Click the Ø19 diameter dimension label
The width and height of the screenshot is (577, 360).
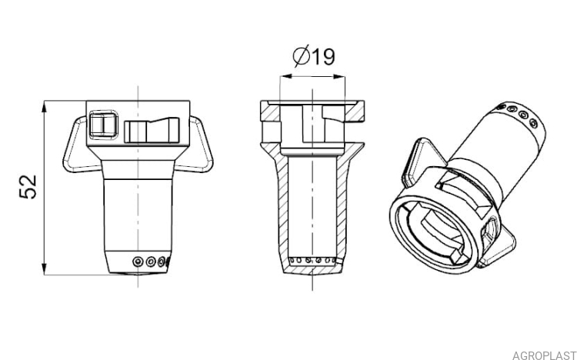(x=314, y=56)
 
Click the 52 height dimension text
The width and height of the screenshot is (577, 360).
(x=28, y=187)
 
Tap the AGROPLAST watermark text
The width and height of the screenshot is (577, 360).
(x=544, y=355)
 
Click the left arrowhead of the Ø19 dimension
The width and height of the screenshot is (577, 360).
(x=285, y=77)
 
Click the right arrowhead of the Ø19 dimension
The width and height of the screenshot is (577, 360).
(x=339, y=77)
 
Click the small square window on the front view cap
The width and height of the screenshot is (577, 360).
(x=103, y=125)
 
